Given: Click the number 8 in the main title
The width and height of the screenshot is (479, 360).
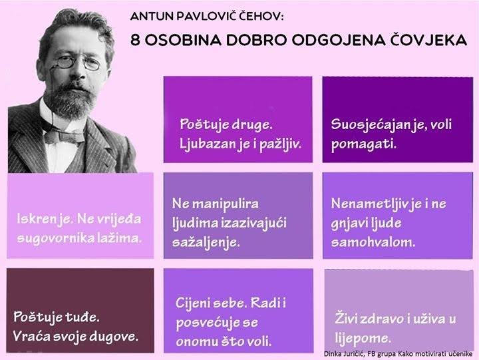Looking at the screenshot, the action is click(x=135, y=40).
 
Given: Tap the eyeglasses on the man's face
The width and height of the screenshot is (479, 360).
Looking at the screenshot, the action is click(x=79, y=63).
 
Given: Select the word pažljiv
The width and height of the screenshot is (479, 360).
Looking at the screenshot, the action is click(x=281, y=144).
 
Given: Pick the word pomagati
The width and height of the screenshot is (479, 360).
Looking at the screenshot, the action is click(x=363, y=144).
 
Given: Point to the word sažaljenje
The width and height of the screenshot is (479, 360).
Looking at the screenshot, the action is click(x=206, y=243).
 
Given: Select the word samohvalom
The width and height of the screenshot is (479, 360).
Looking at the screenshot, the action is click(x=373, y=242).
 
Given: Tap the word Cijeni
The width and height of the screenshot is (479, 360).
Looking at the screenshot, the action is click(x=192, y=303).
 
